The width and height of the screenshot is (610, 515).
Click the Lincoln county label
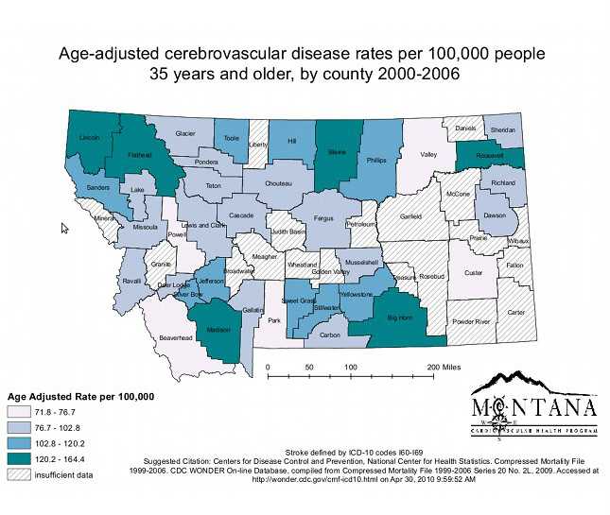click(90, 138)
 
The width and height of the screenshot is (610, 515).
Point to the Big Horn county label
click(401, 319)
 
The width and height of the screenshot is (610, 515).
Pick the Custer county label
click(473, 273)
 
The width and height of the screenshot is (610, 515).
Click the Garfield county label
click(410, 216)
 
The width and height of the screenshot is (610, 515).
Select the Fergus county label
click(324, 218)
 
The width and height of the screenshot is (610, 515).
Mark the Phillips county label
click(376, 162)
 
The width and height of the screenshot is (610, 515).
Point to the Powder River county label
click(470, 321)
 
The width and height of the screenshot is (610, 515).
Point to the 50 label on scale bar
click(309, 366)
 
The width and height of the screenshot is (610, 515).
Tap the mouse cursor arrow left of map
click(64, 229)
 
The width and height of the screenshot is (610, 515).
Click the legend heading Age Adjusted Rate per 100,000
click(80, 396)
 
